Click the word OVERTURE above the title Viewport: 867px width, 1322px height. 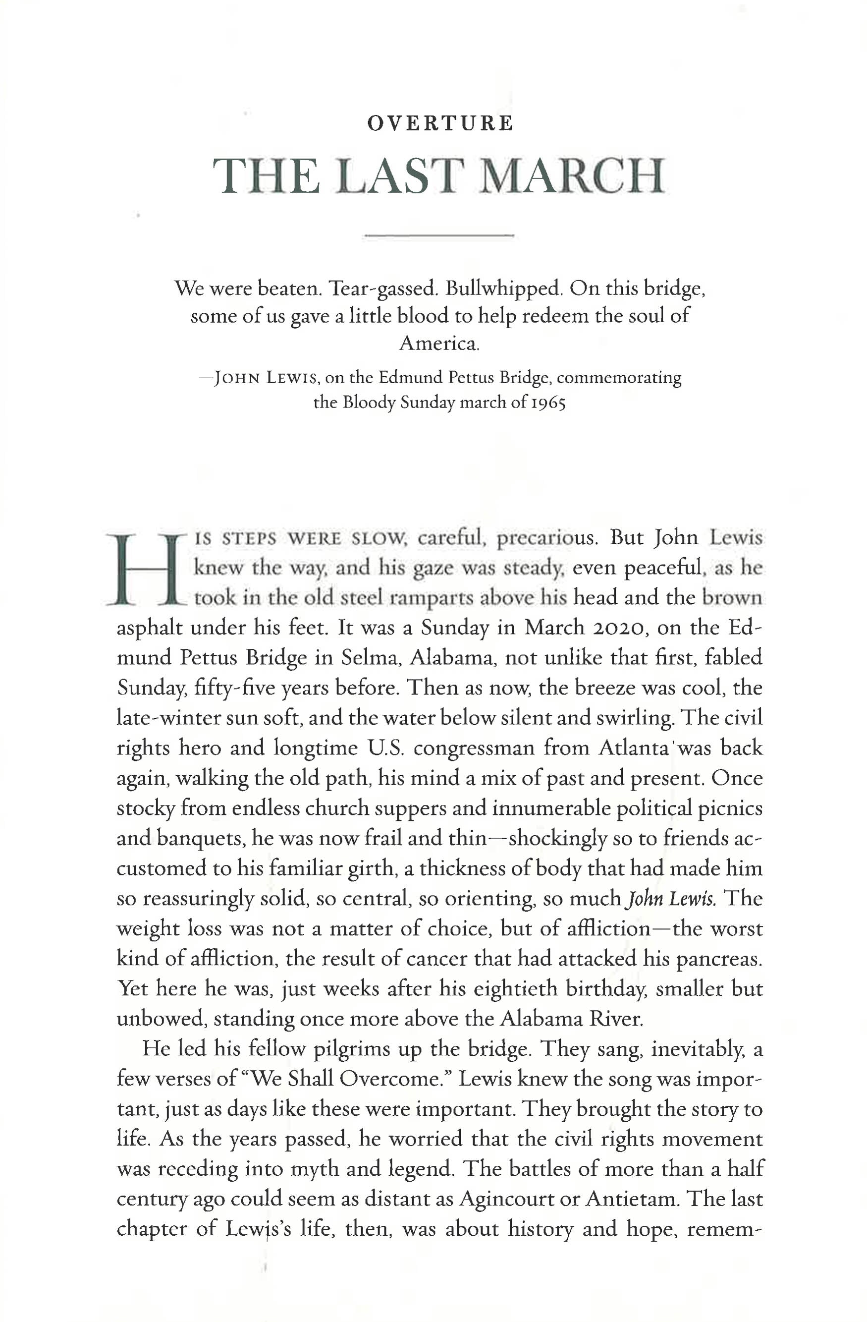440,123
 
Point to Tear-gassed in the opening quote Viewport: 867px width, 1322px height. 382,289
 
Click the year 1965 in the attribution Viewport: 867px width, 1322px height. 548,402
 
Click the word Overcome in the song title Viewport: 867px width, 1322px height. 390,1079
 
